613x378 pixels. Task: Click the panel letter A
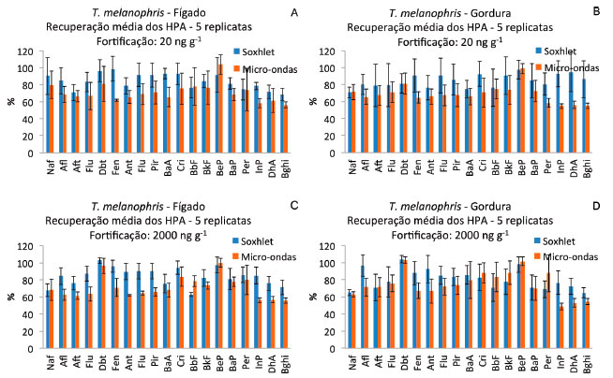point(293,12)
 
